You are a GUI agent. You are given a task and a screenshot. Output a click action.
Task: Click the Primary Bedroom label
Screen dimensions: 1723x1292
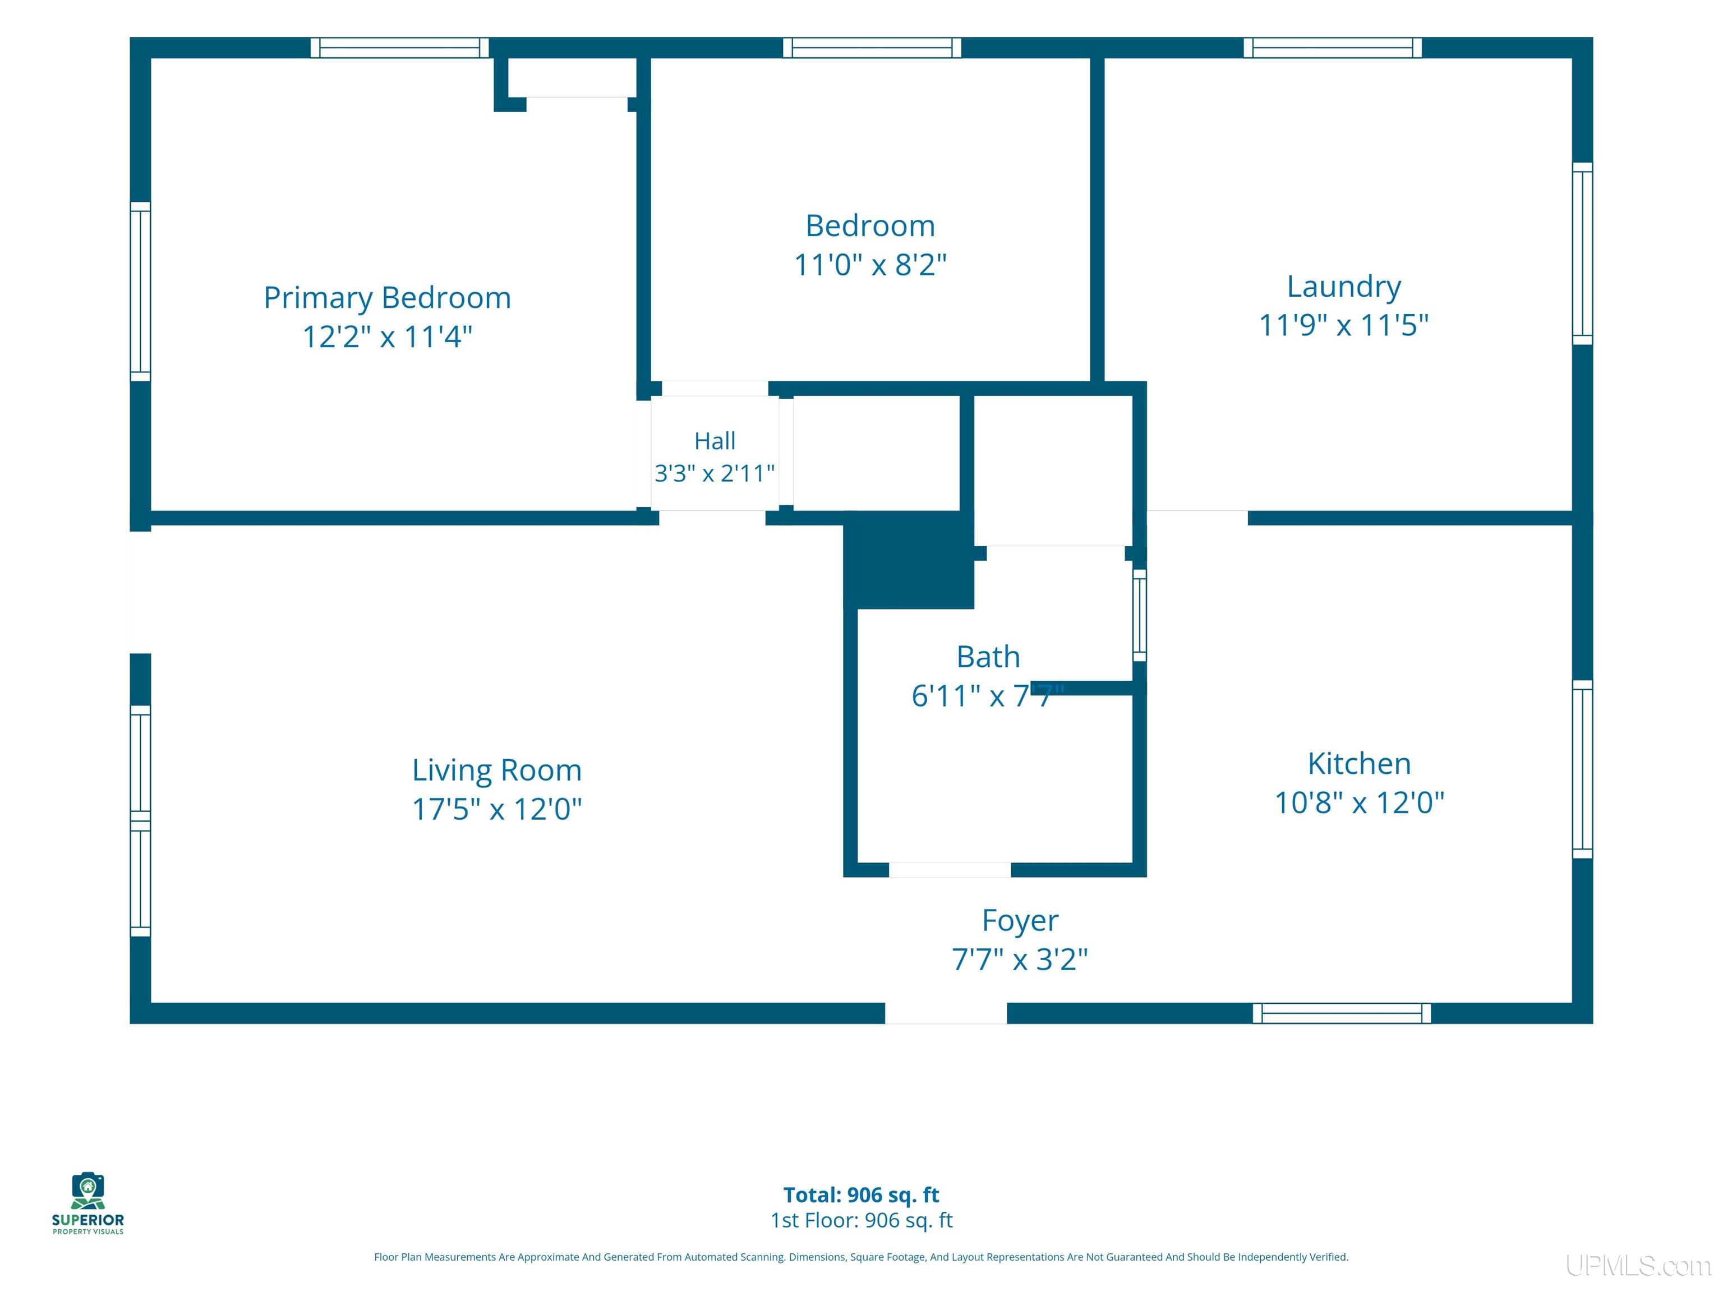387,298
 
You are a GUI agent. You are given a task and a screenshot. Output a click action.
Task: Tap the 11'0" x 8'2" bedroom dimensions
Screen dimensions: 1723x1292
870,265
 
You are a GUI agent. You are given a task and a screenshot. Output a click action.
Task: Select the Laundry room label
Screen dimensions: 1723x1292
1344,287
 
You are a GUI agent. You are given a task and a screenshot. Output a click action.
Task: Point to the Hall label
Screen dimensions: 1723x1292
715,441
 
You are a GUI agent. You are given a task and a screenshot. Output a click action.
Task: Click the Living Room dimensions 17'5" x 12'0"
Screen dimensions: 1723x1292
497,809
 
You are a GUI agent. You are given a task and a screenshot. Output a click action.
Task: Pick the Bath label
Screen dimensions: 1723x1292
988,657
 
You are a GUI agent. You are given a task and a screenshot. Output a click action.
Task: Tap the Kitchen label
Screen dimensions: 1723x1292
1359,764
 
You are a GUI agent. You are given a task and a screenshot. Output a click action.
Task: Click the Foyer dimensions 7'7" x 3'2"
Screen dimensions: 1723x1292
1020,959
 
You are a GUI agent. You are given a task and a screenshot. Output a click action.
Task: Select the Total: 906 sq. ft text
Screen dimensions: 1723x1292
861,1194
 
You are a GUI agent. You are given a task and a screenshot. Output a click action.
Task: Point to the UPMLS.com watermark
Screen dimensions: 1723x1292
1638,1266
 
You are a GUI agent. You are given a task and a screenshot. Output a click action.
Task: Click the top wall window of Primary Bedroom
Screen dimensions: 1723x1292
399,48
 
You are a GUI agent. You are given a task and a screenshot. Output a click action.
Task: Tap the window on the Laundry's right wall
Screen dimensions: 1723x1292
1582,253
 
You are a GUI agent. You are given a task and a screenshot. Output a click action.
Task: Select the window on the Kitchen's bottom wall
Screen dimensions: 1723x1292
1341,1013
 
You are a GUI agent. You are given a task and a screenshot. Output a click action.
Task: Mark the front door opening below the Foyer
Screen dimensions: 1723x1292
946,1013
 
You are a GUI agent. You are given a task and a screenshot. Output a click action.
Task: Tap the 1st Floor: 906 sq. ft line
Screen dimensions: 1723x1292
861,1220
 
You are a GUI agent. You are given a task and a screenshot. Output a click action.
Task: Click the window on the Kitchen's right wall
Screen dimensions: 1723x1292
1582,769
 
